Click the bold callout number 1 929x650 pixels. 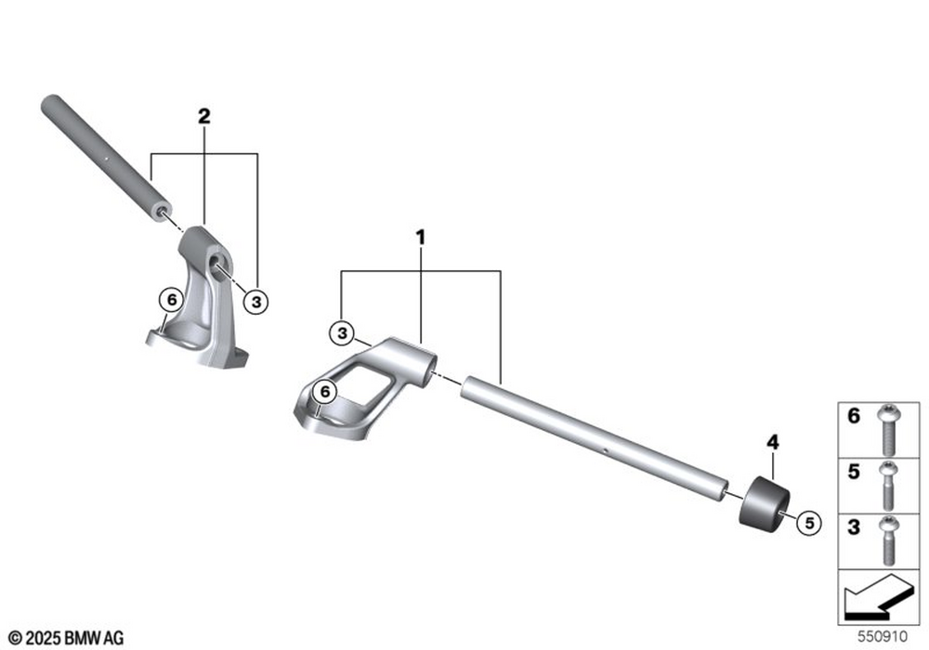pos(420,238)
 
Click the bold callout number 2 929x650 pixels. pos(203,116)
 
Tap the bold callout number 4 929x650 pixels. pos(773,442)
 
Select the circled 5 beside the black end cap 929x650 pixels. pos(810,523)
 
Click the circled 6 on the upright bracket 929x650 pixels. pos(172,300)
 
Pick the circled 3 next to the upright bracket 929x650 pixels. pos(256,302)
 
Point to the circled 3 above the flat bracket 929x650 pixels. pos(342,333)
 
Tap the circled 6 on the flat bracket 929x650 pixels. pos(324,391)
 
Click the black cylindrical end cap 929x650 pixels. pos(765,504)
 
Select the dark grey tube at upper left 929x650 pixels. pos(107,158)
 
